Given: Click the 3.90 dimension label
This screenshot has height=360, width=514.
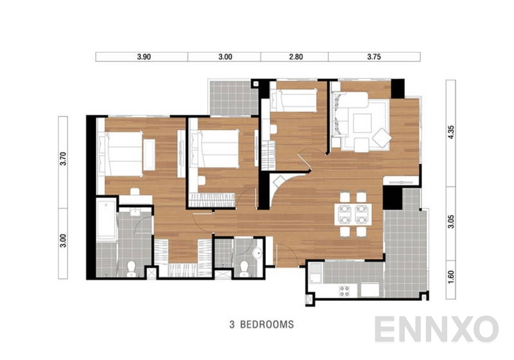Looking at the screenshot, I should point(143,57).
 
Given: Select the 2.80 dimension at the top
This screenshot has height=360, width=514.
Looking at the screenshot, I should point(296,57).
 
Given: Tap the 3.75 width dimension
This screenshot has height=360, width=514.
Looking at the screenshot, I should point(374,57).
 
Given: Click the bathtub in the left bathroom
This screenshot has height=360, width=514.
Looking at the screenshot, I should point(105,220).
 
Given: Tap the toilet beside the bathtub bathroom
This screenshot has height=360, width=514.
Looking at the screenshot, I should point(130,266).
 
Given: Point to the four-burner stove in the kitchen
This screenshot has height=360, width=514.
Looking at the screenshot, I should point(344,290).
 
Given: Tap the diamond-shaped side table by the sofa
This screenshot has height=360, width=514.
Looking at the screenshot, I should point(381,136).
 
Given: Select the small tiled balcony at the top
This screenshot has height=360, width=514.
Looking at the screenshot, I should point(229,98).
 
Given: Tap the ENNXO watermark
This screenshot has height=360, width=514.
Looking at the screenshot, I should point(436,329).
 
